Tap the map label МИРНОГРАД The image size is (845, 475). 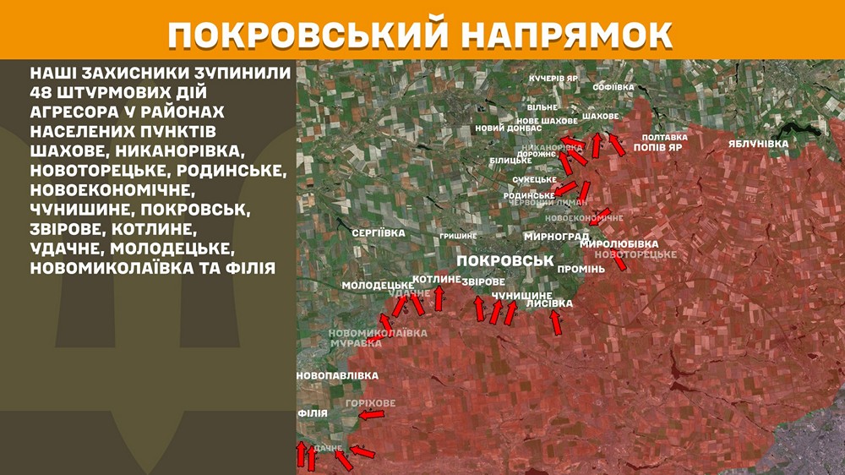click(x=556, y=237)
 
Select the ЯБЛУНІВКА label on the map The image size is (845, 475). click(x=758, y=144)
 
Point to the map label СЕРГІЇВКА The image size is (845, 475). click(x=379, y=232)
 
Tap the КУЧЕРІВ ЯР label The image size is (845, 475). click(x=553, y=78)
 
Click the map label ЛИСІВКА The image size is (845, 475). click(x=549, y=303)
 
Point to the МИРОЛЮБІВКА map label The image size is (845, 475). click(x=630, y=243)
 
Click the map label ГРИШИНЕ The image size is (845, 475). click(x=458, y=236)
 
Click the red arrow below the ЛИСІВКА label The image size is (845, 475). click(x=555, y=322)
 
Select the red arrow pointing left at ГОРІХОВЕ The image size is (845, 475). click(x=370, y=414)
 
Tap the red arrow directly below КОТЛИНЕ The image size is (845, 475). click(x=439, y=298)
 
